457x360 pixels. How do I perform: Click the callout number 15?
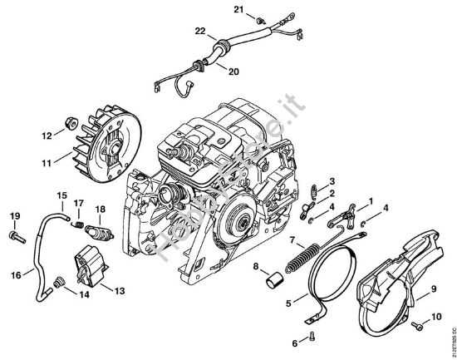[x=61, y=195]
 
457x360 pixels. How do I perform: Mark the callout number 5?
[x=289, y=304]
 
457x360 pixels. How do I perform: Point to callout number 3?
[x=332, y=182]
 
